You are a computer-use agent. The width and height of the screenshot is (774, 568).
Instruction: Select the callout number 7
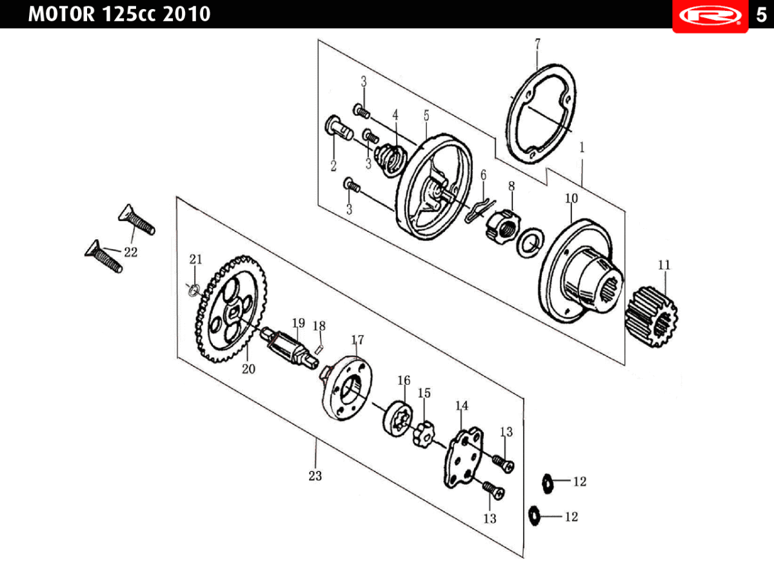click(x=537, y=44)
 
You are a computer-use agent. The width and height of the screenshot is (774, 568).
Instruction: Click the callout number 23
click(x=315, y=476)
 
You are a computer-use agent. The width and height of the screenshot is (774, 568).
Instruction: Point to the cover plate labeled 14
click(x=464, y=457)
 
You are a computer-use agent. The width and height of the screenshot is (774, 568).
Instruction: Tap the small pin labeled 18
click(x=319, y=349)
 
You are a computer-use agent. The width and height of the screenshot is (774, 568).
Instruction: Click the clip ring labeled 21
click(x=192, y=290)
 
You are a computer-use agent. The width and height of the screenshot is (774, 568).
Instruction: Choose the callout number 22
click(x=131, y=252)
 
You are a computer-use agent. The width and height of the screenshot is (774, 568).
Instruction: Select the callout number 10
click(x=572, y=199)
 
